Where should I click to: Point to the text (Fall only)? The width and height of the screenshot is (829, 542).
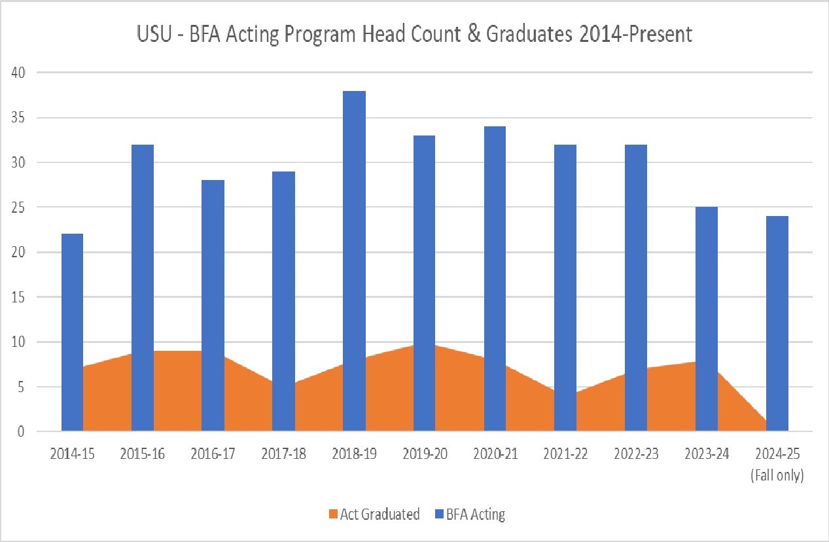click(777, 476)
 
